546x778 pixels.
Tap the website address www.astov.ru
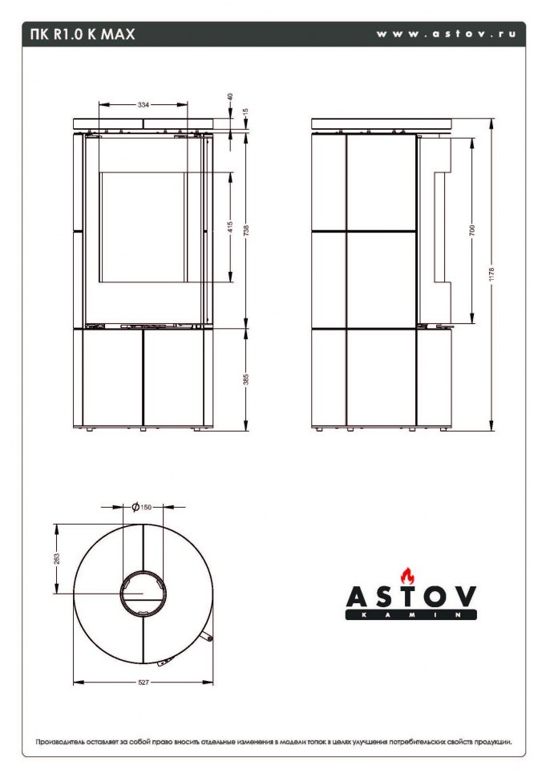pos(449,34)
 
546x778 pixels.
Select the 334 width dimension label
pos(143,104)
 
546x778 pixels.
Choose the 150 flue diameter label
pos(145,507)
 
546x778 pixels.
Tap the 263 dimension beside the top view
pos(57,558)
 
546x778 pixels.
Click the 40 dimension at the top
pos(231,96)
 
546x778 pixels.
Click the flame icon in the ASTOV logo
pos(409,576)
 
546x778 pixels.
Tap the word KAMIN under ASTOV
pos(411,615)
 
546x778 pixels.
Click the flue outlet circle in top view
pos(144,594)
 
